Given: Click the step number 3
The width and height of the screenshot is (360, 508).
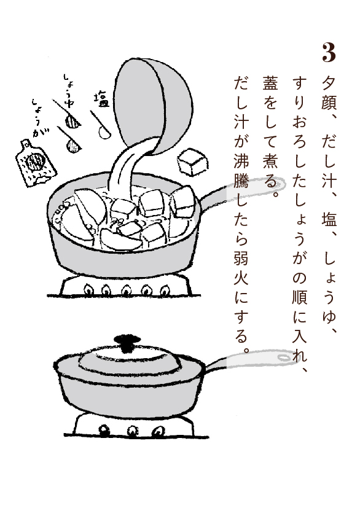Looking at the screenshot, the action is (x=329, y=53).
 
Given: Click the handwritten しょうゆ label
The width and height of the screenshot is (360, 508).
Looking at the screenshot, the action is (x=69, y=90).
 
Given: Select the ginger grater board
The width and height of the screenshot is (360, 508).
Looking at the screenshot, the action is (x=36, y=163).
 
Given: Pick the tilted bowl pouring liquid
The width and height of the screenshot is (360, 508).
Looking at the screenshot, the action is (x=153, y=105).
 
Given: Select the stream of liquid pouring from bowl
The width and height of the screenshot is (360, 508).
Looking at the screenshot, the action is (x=130, y=168).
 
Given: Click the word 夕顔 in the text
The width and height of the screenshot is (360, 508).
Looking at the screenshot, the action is (x=329, y=94).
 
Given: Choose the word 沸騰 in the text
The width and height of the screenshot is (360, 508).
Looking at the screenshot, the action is (x=241, y=169).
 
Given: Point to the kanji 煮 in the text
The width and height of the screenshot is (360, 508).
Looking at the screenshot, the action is (x=270, y=161).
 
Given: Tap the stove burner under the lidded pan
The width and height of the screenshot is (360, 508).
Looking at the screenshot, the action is (x=135, y=426).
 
